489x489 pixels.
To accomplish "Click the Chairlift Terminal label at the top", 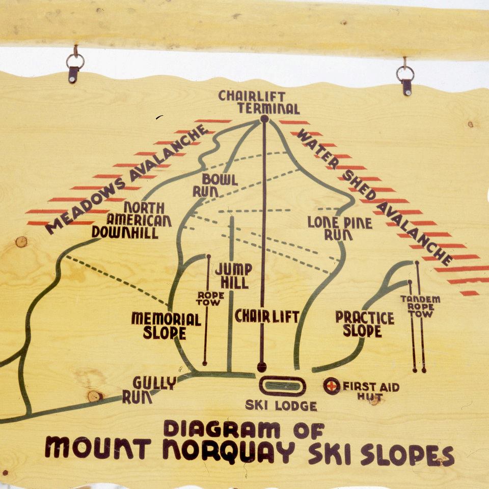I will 259,102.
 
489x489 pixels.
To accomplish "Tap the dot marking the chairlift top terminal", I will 264,119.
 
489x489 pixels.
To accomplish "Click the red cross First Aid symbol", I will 332,386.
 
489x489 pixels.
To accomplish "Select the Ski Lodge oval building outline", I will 282,386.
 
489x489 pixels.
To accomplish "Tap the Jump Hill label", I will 232,276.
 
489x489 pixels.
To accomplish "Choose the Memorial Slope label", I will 166,325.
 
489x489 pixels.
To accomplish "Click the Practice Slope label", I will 364,324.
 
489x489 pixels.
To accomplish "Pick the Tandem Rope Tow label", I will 420,306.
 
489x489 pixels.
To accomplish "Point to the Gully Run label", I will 149,390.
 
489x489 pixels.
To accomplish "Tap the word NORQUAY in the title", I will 229,449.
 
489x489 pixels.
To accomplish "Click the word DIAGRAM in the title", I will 221,429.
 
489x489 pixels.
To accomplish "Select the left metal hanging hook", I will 74,66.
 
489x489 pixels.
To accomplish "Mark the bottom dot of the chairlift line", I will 262,366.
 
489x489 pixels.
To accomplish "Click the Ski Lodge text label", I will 281,406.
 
